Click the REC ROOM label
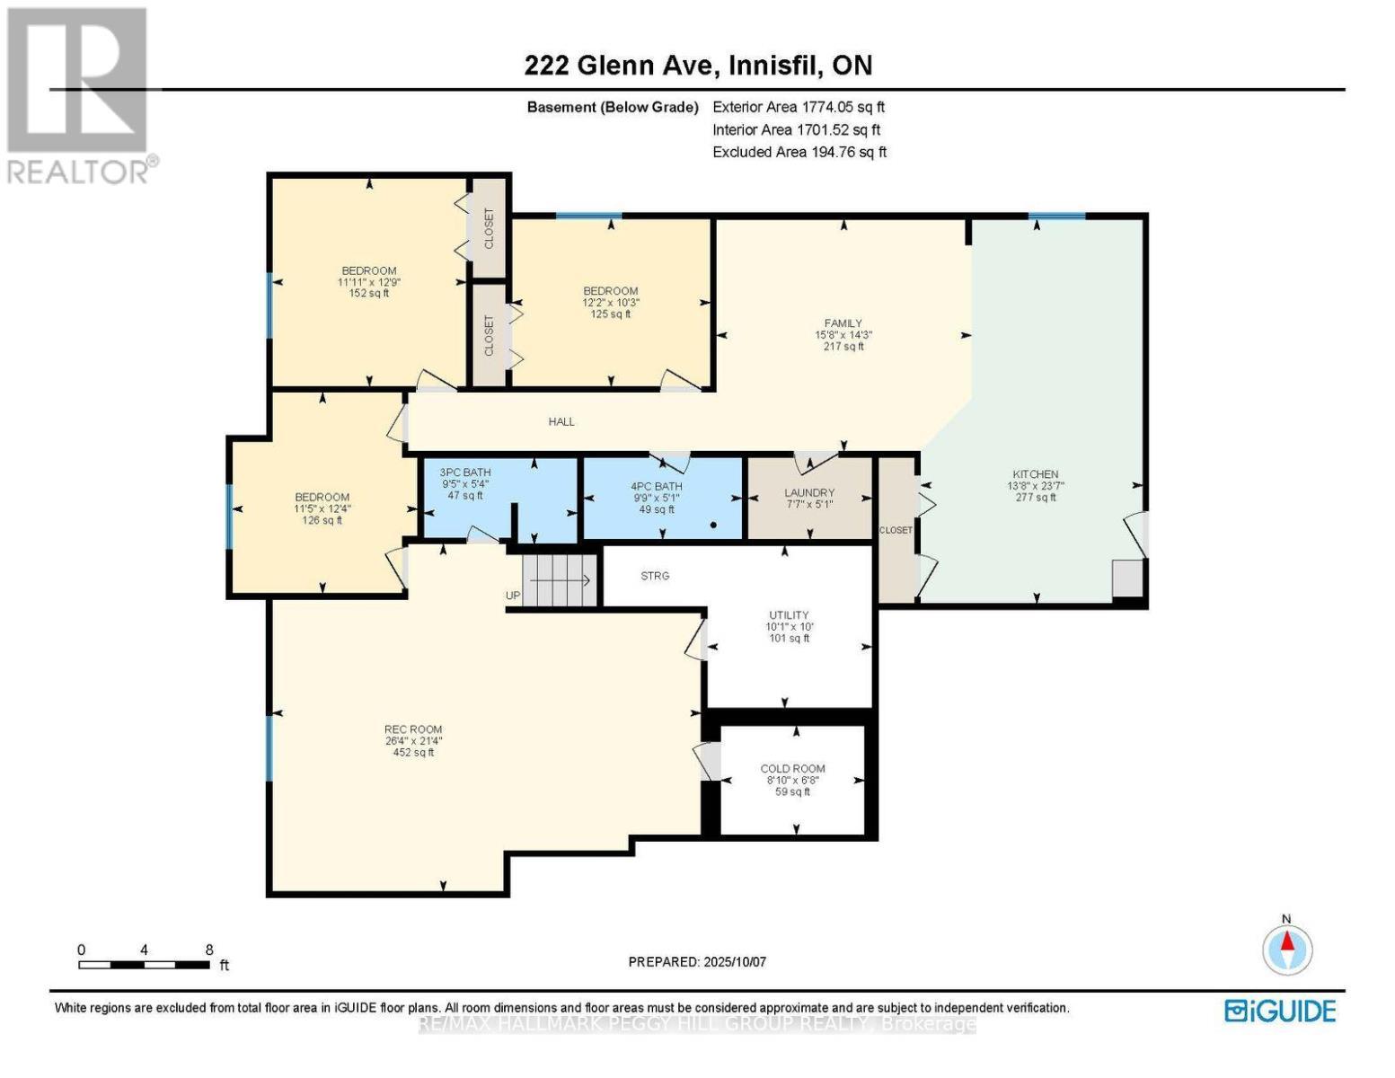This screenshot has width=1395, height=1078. [x=413, y=729]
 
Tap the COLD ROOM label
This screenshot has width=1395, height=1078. [x=792, y=768]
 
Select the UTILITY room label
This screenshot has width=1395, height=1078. [x=789, y=614]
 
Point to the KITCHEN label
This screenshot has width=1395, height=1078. [x=1035, y=473]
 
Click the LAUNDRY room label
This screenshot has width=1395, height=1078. [x=808, y=492]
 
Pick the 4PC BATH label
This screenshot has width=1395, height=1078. [x=656, y=486]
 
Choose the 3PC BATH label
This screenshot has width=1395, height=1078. [x=464, y=472]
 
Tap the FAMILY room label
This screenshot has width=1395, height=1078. [x=843, y=323]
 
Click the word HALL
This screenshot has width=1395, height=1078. [x=561, y=421]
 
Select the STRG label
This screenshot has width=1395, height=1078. [x=655, y=575]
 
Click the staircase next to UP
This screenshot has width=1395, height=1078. [x=560, y=580]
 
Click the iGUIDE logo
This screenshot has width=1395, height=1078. [x=1280, y=1012]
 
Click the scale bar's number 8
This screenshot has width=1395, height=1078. [x=209, y=949]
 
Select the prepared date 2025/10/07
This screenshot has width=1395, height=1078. [x=735, y=961]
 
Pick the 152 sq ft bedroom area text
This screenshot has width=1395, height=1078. [x=368, y=293]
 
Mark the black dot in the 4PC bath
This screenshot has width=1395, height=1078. [x=713, y=525]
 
